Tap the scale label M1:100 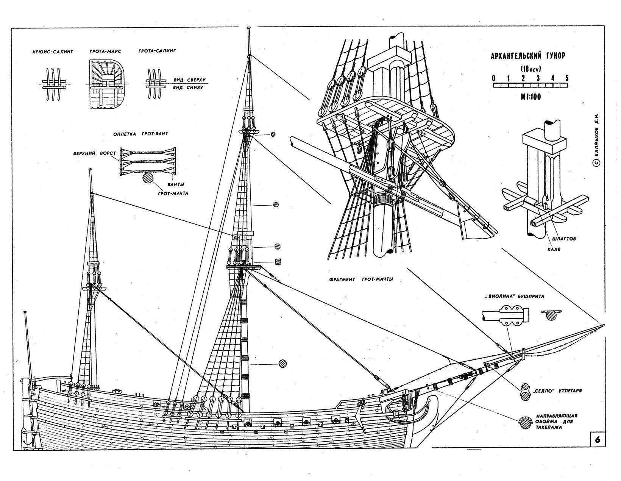click(530, 97)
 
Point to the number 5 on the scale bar click(566, 78)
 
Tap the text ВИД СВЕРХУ click(189, 80)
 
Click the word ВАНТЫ click(176, 184)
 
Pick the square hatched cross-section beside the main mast click(278, 261)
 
